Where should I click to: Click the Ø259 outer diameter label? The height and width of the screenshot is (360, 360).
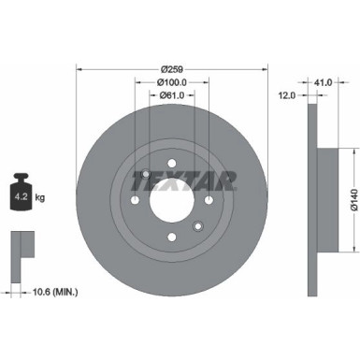click(x=171, y=68)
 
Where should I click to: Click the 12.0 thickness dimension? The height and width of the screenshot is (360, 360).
click(x=288, y=94)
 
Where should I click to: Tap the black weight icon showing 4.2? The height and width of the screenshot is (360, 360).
click(x=21, y=195)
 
